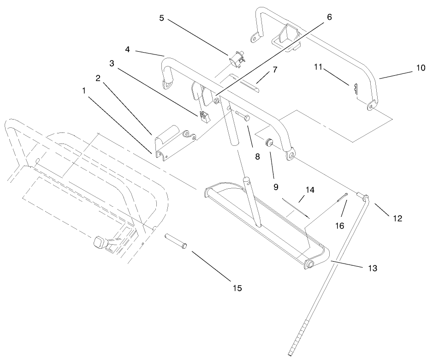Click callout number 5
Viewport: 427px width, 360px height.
pos(161,19)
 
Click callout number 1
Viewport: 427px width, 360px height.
pos(84,91)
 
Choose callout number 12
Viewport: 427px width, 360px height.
pos(397,218)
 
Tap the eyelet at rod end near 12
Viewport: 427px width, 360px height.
pos(366,198)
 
